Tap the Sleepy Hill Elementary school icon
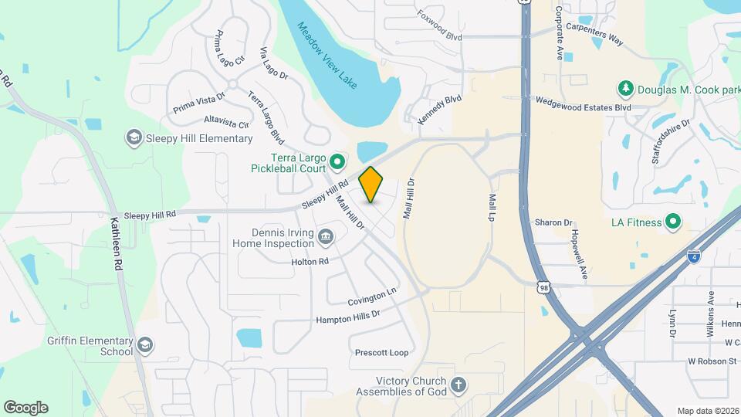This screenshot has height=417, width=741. coord(134,138)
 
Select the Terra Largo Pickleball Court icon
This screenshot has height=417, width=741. coord(337,162)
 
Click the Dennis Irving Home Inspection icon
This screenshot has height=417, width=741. coord(326,235)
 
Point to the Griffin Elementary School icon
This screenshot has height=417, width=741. coord(144,344)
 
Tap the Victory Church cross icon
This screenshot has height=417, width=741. coord(458,385)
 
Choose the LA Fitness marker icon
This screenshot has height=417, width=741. coord(673,222)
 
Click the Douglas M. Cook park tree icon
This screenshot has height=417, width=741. coord(625,89)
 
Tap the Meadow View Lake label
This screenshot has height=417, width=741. coord(328,55)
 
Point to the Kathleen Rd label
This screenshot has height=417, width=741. coord(117,242)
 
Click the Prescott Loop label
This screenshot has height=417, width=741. coord(381,353)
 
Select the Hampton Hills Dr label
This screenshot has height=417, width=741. coord(348,317)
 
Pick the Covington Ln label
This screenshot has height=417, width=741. coord(371,297)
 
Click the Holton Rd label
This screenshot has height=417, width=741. coord(310,262)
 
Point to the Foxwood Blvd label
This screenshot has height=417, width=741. coord(439,25)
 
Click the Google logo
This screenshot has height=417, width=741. coord(25,408)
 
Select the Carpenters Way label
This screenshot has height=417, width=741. coord(594,36)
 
